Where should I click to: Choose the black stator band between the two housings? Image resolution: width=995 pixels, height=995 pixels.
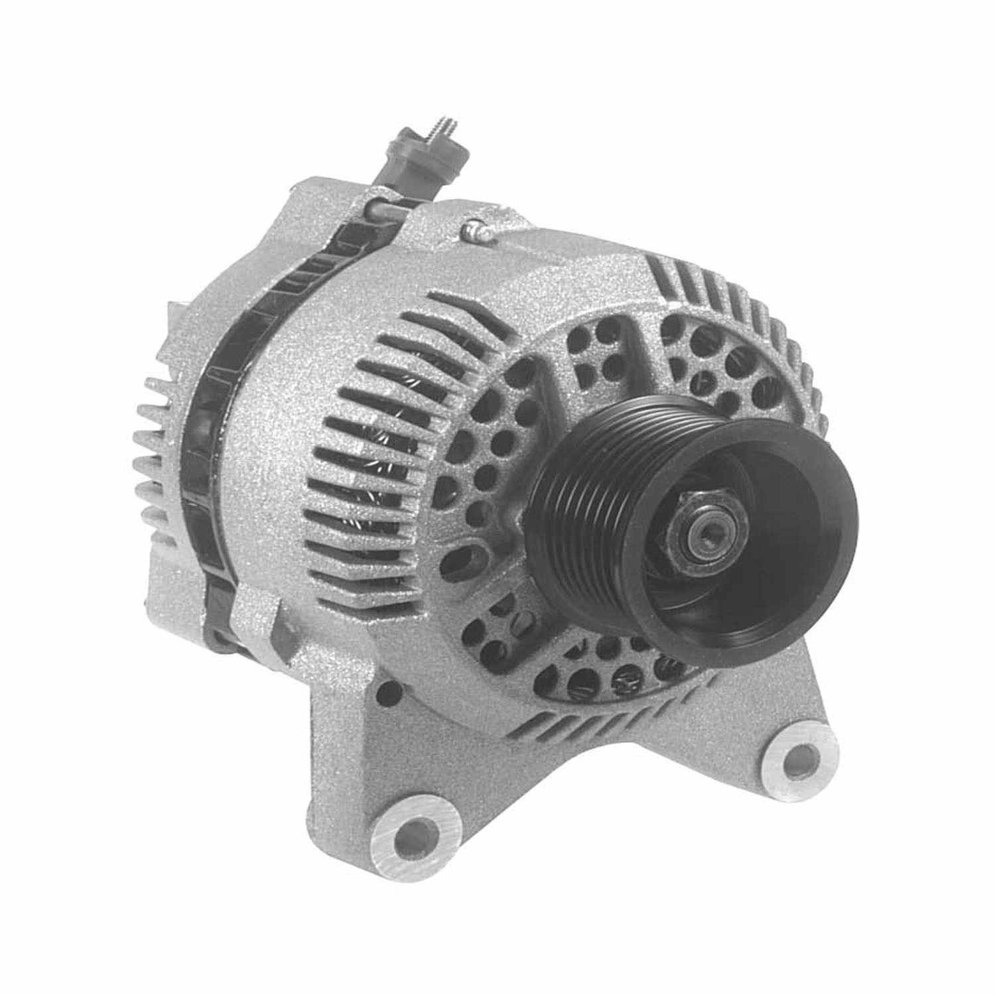199,431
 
